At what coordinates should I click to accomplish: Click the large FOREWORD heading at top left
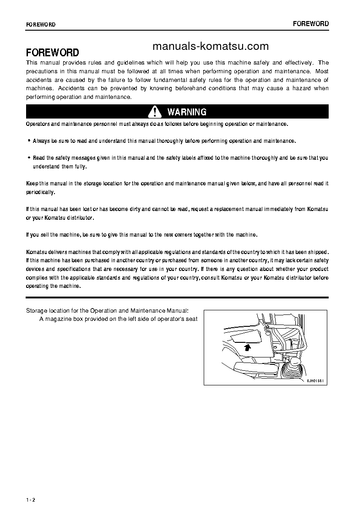coord(52,52)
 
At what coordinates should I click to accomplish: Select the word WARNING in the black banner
coord(187,112)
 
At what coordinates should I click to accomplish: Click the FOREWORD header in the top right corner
coord(311,24)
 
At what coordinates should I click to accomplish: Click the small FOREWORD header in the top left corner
coord(41,25)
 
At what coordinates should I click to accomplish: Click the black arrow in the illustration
coord(248,347)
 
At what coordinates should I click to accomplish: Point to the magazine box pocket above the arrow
coord(246,337)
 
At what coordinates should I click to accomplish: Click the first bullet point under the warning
coord(29,141)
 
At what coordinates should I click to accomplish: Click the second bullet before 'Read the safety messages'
coord(29,157)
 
